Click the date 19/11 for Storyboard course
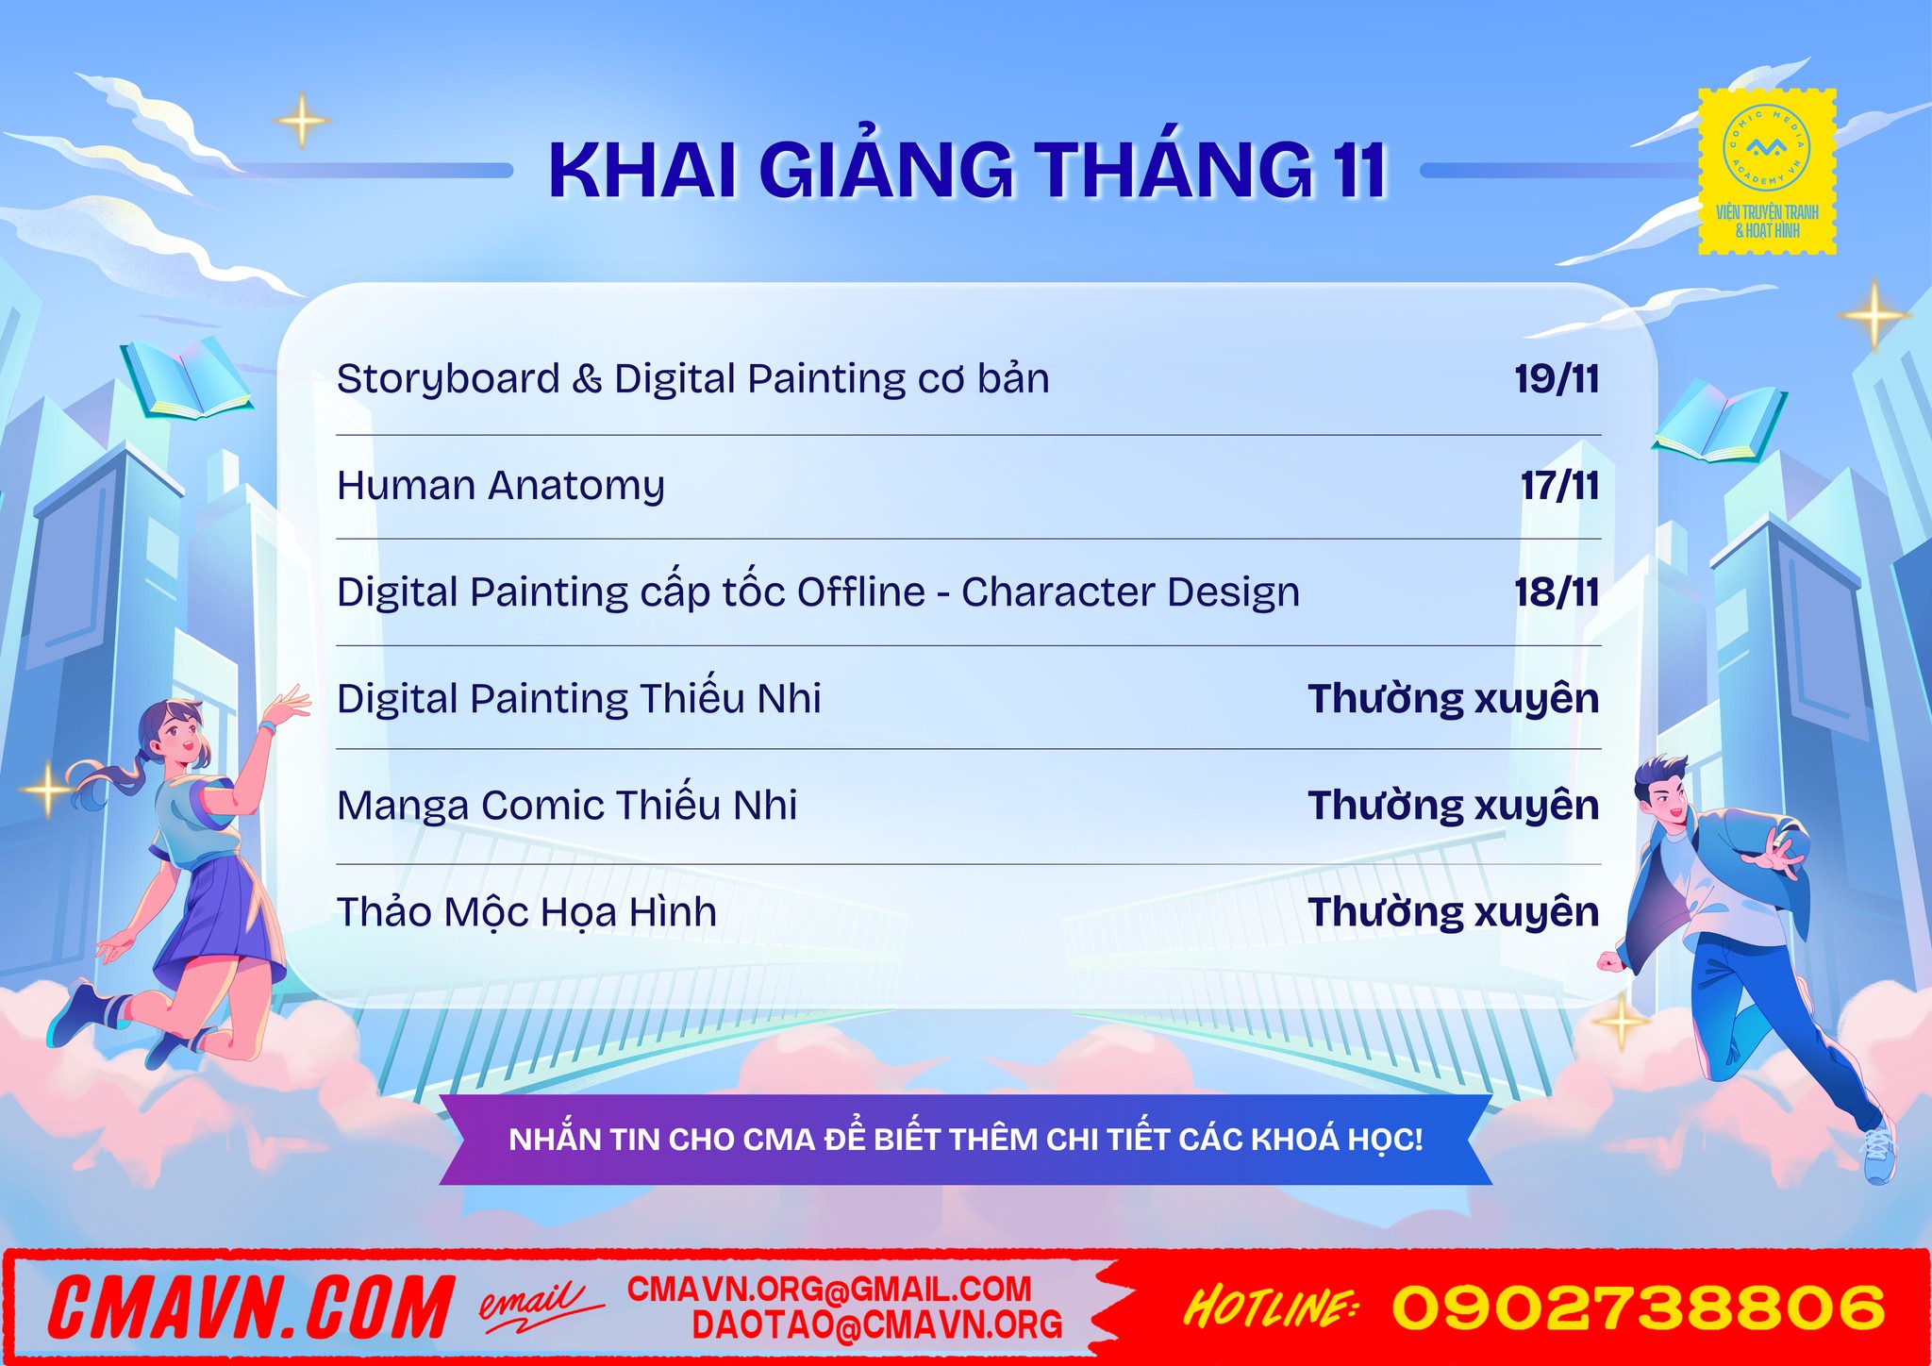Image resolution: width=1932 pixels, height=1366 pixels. pyautogui.click(x=1557, y=379)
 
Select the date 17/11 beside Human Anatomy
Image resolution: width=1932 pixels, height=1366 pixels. pyautogui.click(x=1559, y=486)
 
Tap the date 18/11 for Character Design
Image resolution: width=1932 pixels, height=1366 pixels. pyautogui.click(x=1557, y=592)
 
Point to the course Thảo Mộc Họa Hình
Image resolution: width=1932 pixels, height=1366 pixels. pyautogui.click(x=526, y=912)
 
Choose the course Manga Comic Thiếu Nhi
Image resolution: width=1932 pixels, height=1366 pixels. pyautogui.click(x=567, y=806)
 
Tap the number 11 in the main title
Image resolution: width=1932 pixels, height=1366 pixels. pyautogui.click(x=1358, y=171)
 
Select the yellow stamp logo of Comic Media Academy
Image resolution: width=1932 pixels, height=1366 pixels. pyautogui.click(x=1767, y=172)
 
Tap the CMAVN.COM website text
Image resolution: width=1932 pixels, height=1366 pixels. pyautogui.click(x=251, y=1308)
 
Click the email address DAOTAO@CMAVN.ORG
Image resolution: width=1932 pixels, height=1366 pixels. pyautogui.click(x=877, y=1325)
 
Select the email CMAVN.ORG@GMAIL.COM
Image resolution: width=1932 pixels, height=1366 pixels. pyautogui.click(x=829, y=1290)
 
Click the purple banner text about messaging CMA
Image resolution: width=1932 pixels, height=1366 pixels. pyautogui.click(x=966, y=1140)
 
